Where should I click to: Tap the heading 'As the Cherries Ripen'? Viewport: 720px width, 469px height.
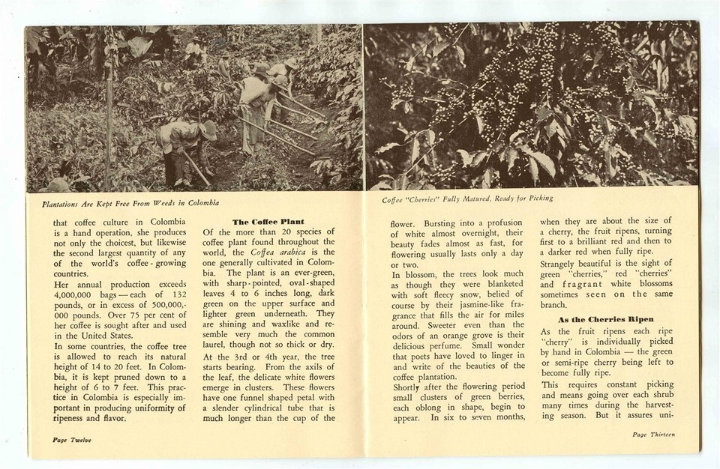[x=595, y=318]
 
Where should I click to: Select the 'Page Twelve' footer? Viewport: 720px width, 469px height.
[x=72, y=440]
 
